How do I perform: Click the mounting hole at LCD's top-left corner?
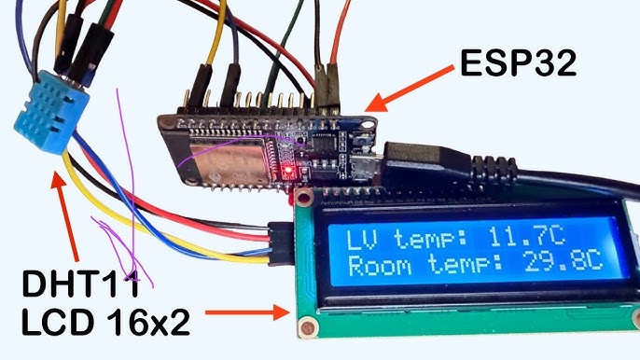click(x=303, y=198)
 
